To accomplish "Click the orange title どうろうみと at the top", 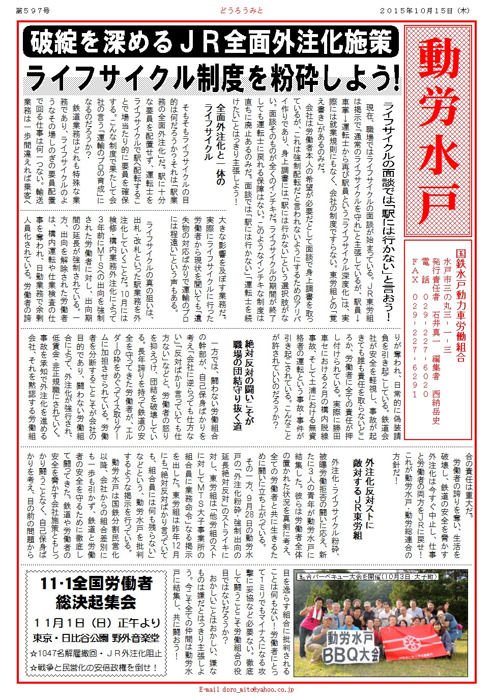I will (x=242, y=10).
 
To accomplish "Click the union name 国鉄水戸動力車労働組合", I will (x=460, y=305).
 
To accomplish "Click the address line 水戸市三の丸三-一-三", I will (x=448, y=305).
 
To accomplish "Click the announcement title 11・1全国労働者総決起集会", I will (x=96, y=593).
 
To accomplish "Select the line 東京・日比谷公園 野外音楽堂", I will (x=96, y=637).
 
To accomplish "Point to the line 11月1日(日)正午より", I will (x=96, y=623).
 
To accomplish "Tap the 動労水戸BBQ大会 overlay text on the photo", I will (x=351, y=646).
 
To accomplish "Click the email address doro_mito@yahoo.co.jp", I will (x=246, y=690).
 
